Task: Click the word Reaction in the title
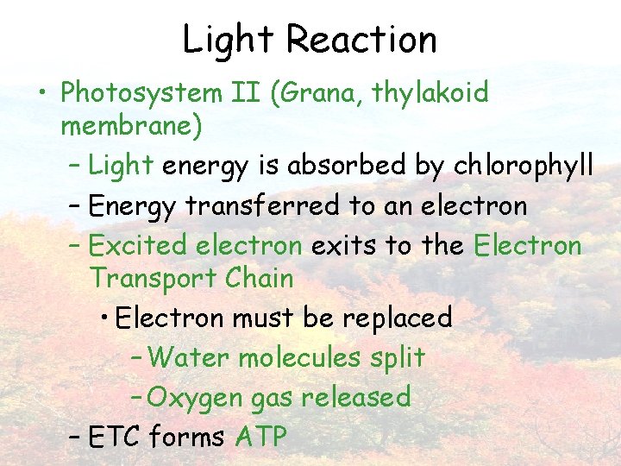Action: tap(361, 39)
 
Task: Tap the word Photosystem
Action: tap(150, 93)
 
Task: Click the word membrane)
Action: tap(132, 127)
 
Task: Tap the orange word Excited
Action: tap(138, 245)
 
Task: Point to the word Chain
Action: tap(259, 278)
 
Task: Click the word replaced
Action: tap(398, 318)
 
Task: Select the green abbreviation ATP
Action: tap(260, 437)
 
